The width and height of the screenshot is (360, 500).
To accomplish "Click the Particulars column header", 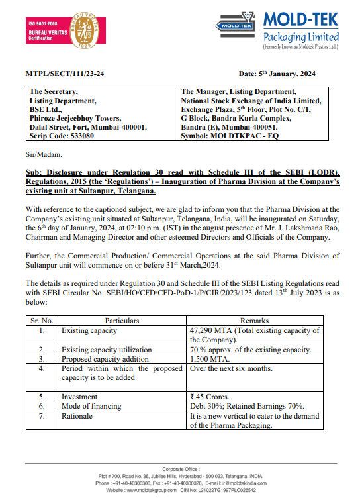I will [x=122, y=321].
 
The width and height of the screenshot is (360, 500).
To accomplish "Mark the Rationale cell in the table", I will [x=79, y=415].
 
